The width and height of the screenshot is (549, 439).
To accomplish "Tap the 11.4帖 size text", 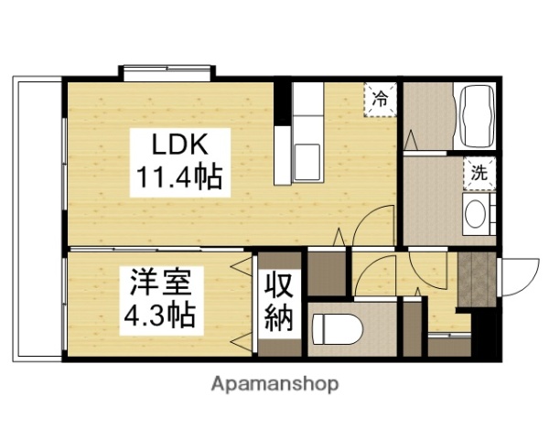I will (x=179, y=176).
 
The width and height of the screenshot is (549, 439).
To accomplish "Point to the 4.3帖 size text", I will (x=157, y=316).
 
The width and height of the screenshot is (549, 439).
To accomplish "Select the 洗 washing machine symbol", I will (x=479, y=171).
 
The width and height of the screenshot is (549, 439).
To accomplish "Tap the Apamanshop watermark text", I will (x=274, y=384).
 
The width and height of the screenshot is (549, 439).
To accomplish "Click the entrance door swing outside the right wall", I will (x=514, y=274).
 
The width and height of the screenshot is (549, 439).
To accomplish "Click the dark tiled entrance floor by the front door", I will (x=474, y=279).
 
